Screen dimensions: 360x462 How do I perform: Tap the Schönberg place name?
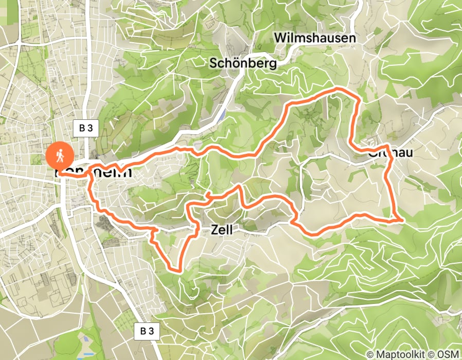[x=243, y=63]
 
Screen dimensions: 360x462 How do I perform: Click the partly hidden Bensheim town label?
[x=95, y=173]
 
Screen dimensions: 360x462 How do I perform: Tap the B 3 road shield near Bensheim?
[x=85, y=129]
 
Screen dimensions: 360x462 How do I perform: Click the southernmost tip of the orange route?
[x=177, y=269]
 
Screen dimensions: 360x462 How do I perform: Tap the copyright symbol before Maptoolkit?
[x=370, y=354]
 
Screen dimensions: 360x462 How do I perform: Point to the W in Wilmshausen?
[x=280, y=38]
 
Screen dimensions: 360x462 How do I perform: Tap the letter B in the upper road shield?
[x=82, y=129]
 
